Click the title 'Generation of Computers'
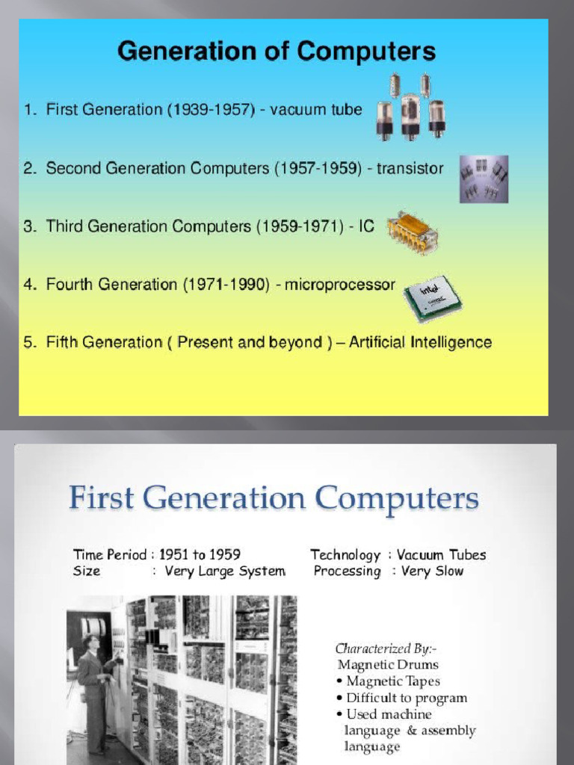pyautogui.click(x=276, y=52)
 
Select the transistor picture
pyautogui.click(x=484, y=179)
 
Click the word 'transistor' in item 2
pyautogui.click(x=410, y=168)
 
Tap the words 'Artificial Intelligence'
pyautogui.click(x=420, y=342)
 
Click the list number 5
pyautogui.click(x=29, y=342)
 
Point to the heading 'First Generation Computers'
pyautogui.click(x=274, y=498)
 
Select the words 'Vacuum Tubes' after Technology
pyautogui.click(x=441, y=554)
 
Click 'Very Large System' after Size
pyautogui.click(x=225, y=571)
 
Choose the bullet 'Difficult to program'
pyautogui.click(x=407, y=698)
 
